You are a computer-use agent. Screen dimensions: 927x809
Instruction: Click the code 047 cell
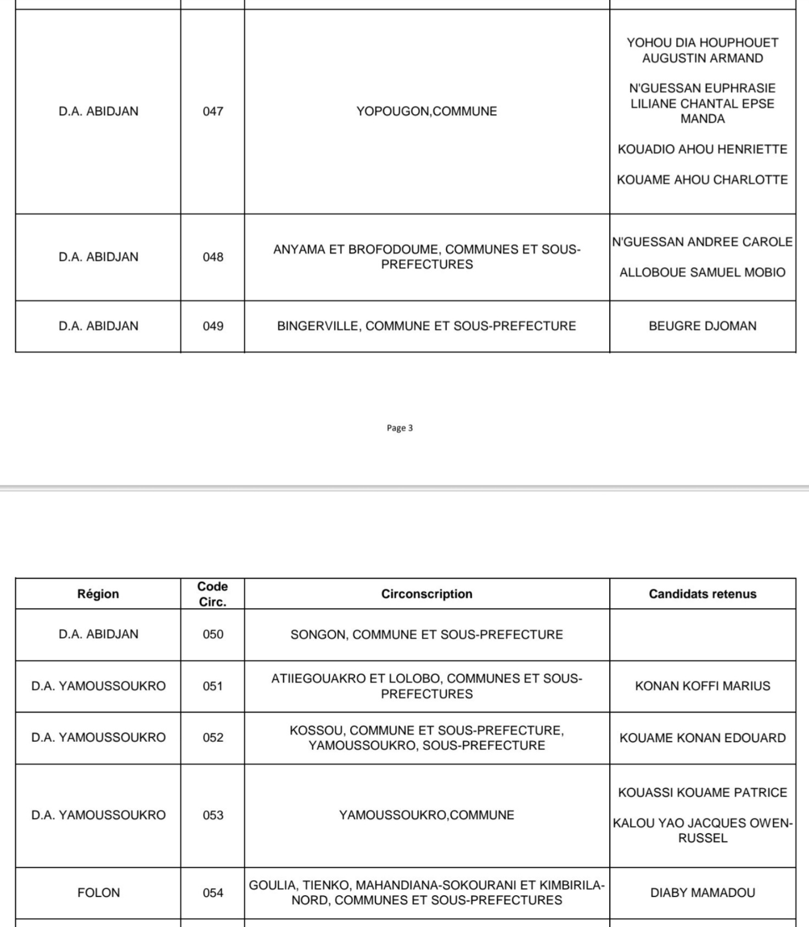click(x=212, y=111)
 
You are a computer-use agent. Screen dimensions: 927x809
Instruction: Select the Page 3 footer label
click(x=400, y=428)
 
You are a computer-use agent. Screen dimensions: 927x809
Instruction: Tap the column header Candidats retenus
click(x=702, y=594)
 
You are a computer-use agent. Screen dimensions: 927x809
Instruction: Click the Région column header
click(x=98, y=594)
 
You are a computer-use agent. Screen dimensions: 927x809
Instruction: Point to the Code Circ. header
click(x=212, y=594)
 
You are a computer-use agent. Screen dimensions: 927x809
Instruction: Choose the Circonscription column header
click(x=426, y=594)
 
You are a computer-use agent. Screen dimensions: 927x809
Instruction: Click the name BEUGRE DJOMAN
click(x=702, y=326)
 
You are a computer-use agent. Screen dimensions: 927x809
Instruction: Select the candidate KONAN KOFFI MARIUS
click(x=702, y=686)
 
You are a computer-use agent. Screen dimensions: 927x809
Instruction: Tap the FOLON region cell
click(x=98, y=892)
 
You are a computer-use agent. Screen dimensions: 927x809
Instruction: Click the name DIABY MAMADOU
click(x=702, y=892)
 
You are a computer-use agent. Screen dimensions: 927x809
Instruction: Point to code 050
click(x=212, y=635)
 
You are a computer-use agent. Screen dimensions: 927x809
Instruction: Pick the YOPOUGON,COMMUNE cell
click(x=426, y=111)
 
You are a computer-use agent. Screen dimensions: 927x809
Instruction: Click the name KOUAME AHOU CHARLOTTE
click(x=702, y=180)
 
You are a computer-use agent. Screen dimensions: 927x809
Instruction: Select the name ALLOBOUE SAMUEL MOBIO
click(x=702, y=273)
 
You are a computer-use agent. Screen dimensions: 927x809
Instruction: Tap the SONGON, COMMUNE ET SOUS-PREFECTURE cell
click(x=426, y=635)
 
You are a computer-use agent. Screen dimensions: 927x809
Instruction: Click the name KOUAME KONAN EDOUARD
click(x=702, y=738)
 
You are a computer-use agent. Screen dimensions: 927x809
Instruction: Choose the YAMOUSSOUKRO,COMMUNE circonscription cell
click(x=426, y=815)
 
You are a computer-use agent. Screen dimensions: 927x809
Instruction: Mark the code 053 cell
click(x=212, y=815)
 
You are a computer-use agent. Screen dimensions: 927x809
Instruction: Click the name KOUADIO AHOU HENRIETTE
click(x=702, y=149)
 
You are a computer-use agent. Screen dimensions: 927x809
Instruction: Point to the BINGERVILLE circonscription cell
click(x=426, y=326)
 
